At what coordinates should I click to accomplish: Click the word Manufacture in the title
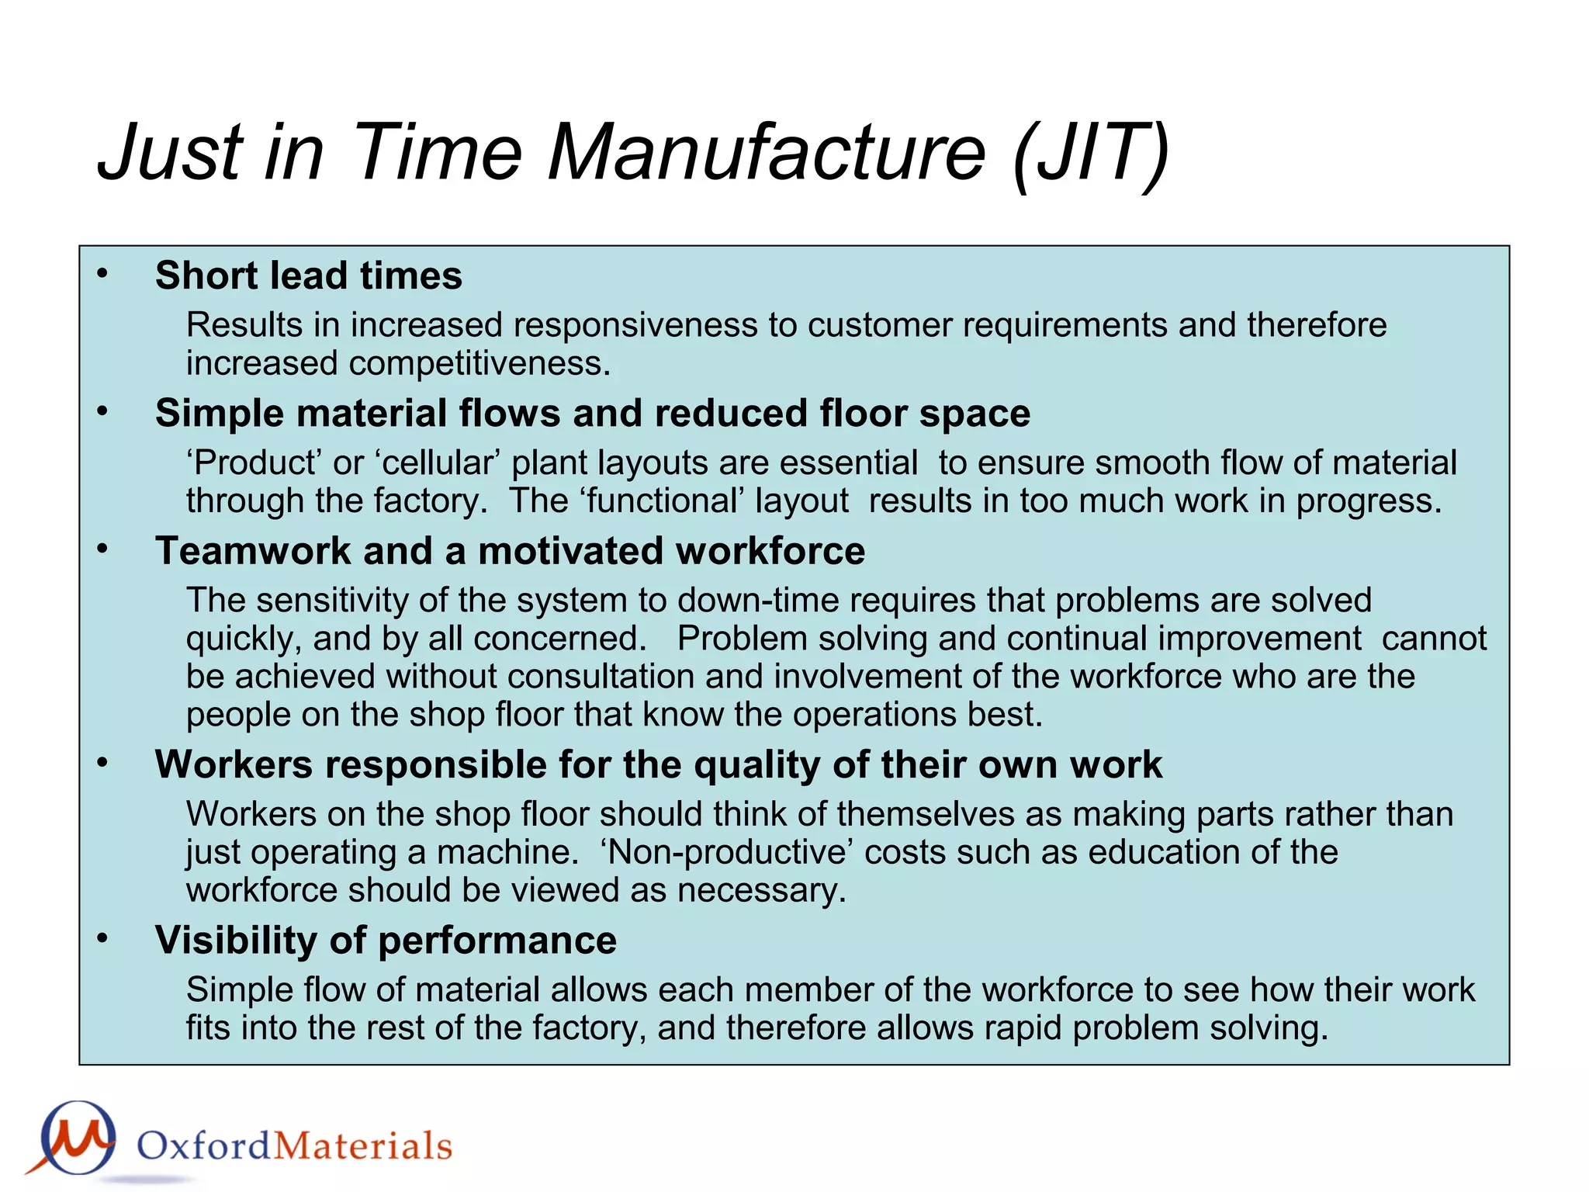(x=767, y=152)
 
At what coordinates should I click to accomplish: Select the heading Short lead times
(x=308, y=275)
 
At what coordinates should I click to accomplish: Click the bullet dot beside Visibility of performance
(x=102, y=938)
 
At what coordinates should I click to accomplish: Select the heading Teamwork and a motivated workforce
(x=510, y=551)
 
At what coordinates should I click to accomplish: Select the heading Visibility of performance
(x=386, y=941)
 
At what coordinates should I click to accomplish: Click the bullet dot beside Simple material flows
(x=102, y=411)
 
